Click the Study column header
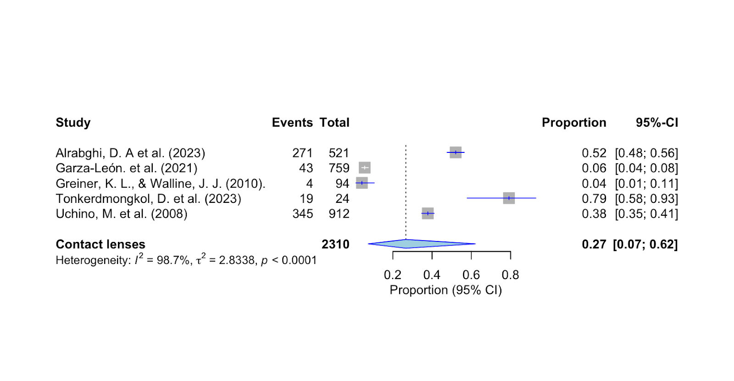pos(73,123)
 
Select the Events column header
pos(292,123)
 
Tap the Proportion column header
pos(574,123)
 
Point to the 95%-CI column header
pos(656,123)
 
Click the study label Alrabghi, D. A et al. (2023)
pos(130,153)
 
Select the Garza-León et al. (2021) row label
pos(127,168)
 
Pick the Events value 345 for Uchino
pos(303,214)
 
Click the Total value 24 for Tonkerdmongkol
pos(342,199)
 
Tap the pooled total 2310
pos(335,244)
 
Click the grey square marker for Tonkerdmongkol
pos(509,198)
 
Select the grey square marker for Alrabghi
pos(456,152)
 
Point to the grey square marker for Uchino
pos(428,213)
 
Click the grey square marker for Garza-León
pos(365,168)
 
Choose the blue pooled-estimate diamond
pos(413,244)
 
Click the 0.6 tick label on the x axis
pos(471,275)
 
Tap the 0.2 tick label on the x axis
pos(393,275)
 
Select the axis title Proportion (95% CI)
pos(445,290)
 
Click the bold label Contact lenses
pos(100,244)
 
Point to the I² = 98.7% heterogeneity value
pos(162,260)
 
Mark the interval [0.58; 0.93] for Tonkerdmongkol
pos(646,199)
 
